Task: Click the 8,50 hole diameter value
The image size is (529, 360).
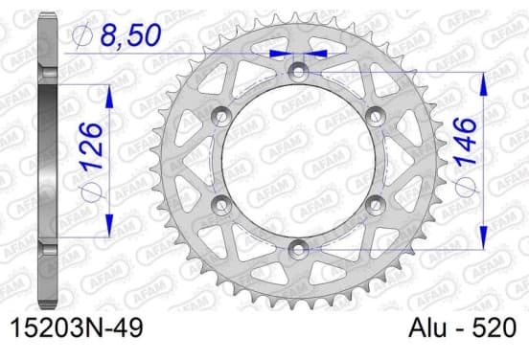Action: click(x=131, y=34)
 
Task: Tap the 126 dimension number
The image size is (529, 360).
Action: click(x=91, y=146)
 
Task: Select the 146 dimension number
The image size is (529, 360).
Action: click(x=466, y=142)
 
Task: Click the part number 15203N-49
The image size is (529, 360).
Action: click(x=77, y=327)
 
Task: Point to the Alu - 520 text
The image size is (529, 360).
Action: click(x=462, y=327)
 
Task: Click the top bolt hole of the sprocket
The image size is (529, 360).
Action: click(x=298, y=72)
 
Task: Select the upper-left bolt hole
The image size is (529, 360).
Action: click(x=221, y=116)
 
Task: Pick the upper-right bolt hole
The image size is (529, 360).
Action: click(x=376, y=116)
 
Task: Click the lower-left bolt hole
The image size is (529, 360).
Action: click(x=221, y=205)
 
